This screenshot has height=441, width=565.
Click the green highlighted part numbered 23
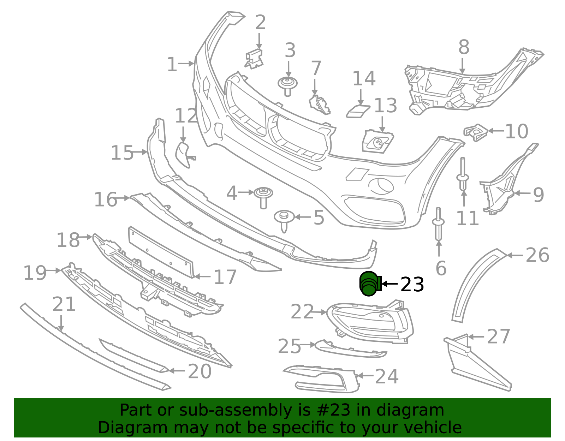point(369,284)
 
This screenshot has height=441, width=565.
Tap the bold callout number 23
point(412,285)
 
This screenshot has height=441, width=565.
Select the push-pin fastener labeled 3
point(287,86)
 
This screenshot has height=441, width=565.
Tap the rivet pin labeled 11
point(463,174)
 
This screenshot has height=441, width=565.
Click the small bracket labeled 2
point(254,59)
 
